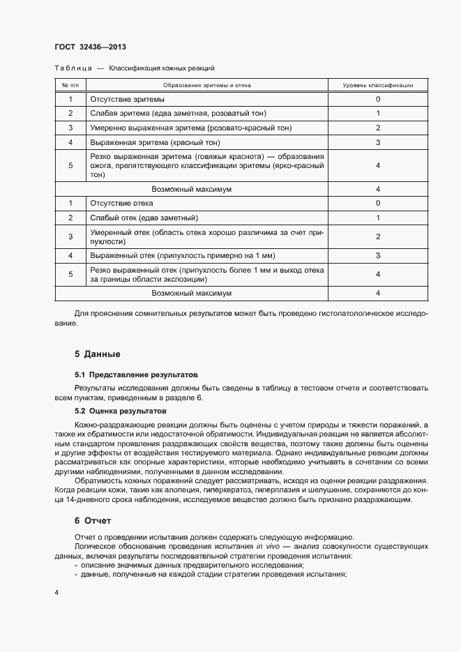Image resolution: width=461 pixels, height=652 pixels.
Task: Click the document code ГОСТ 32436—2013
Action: coord(89,47)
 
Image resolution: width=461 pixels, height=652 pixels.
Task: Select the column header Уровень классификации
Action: coord(377,85)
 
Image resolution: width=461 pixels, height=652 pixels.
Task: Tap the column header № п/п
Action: coord(70,85)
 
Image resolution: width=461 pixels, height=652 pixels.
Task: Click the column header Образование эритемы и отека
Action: coord(206,85)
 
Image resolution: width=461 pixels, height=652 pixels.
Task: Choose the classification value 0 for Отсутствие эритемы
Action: coord(377,99)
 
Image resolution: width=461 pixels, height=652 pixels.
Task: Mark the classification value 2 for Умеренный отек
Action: coord(377,236)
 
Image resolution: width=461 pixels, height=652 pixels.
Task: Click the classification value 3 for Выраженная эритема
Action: coord(377,142)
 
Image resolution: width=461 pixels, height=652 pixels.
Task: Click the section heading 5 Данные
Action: coord(98,354)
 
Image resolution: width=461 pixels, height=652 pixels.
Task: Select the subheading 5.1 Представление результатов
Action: coord(136,374)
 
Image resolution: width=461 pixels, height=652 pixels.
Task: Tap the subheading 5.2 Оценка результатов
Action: coord(120,411)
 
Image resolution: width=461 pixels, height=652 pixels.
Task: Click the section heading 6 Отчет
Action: coord(92,521)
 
